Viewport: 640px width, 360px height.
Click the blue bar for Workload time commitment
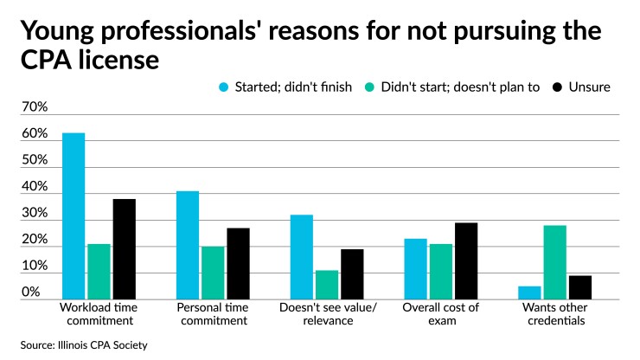tap(74, 216)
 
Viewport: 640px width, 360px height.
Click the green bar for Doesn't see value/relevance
tap(302, 285)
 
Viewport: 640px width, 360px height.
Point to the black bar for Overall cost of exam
tap(466, 260)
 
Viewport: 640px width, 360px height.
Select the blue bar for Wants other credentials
tap(528, 292)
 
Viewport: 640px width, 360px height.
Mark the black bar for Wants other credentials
tap(579, 287)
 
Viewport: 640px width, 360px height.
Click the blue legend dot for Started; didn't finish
tap(225, 87)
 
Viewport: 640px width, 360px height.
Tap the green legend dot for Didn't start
tap(369, 87)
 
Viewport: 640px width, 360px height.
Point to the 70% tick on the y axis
tap(34, 108)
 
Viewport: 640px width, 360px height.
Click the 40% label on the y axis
tap(34, 187)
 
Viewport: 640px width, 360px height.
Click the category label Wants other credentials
tap(554, 313)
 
